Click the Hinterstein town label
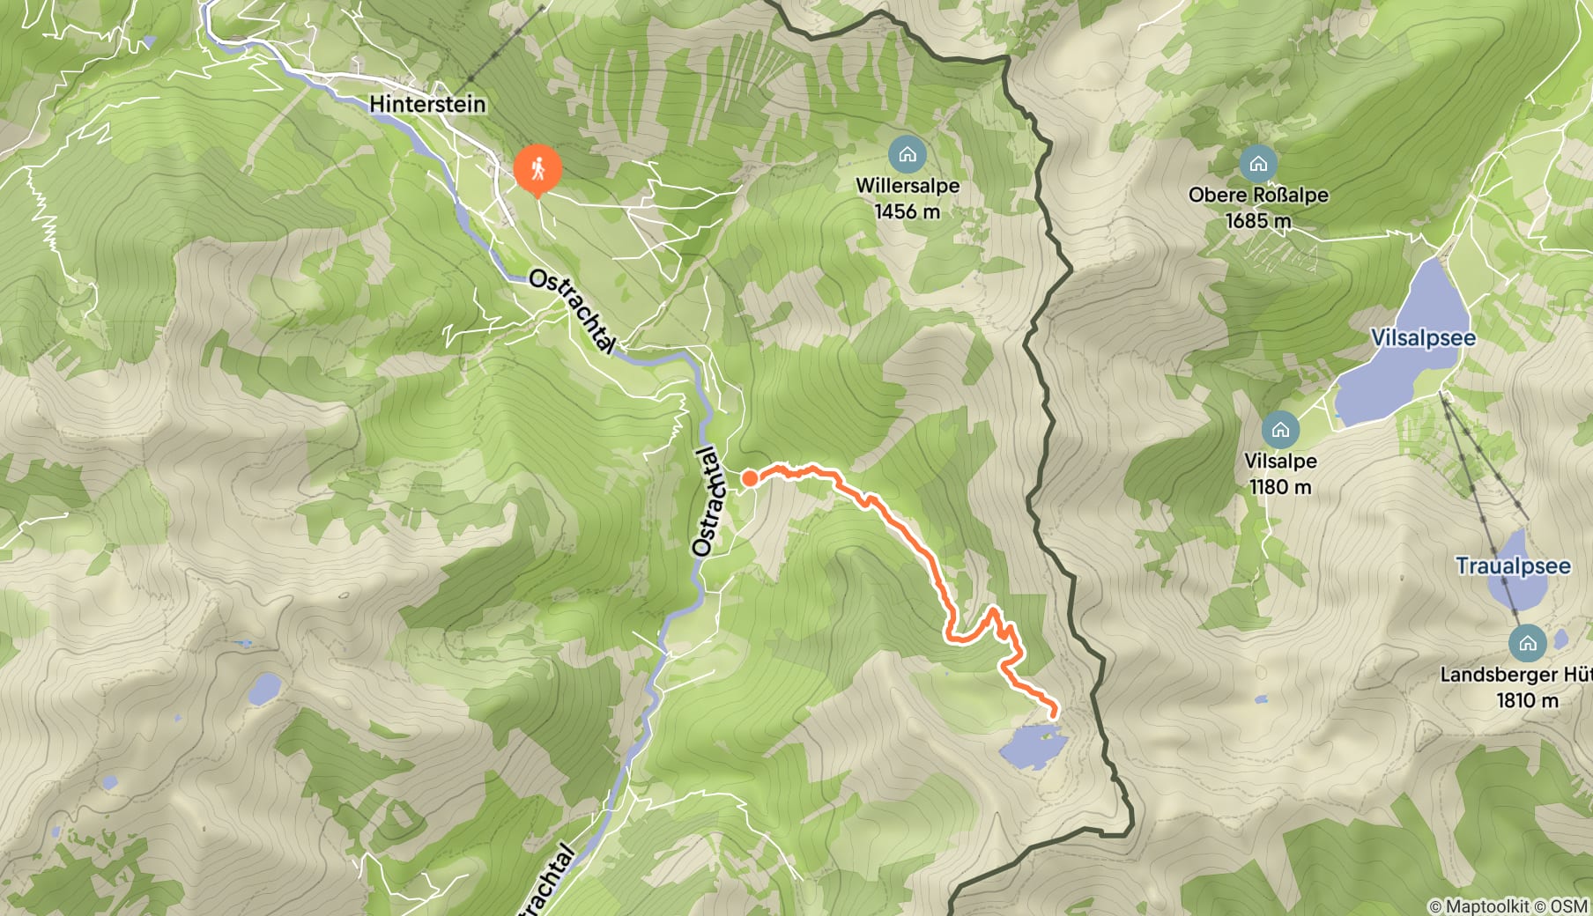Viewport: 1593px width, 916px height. [427, 104]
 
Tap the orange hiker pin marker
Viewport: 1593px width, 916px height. [537, 169]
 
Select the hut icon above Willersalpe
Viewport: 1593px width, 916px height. [907, 155]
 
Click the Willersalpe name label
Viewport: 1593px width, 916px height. [908, 186]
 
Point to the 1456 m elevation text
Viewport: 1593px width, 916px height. [907, 211]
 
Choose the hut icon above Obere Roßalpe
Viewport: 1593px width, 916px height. [1258, 164]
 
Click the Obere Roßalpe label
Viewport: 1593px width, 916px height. [1258, 195]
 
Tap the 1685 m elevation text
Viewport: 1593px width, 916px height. [1258, 220]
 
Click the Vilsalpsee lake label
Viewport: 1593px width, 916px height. [1422, 337]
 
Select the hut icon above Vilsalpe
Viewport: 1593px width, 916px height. [1280, 430]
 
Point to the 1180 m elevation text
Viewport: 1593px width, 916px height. [1280, 486]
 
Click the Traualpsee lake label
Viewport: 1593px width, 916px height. [1513, 565]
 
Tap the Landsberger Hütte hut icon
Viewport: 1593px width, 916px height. [1527, 643]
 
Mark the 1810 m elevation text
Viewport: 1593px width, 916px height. [1527, 700]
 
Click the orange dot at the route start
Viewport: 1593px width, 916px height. [749, 478]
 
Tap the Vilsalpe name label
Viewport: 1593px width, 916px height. [1280, 461]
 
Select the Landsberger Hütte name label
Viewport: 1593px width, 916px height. [1515, 675]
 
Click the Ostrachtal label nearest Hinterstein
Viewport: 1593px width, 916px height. [572, 311]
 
